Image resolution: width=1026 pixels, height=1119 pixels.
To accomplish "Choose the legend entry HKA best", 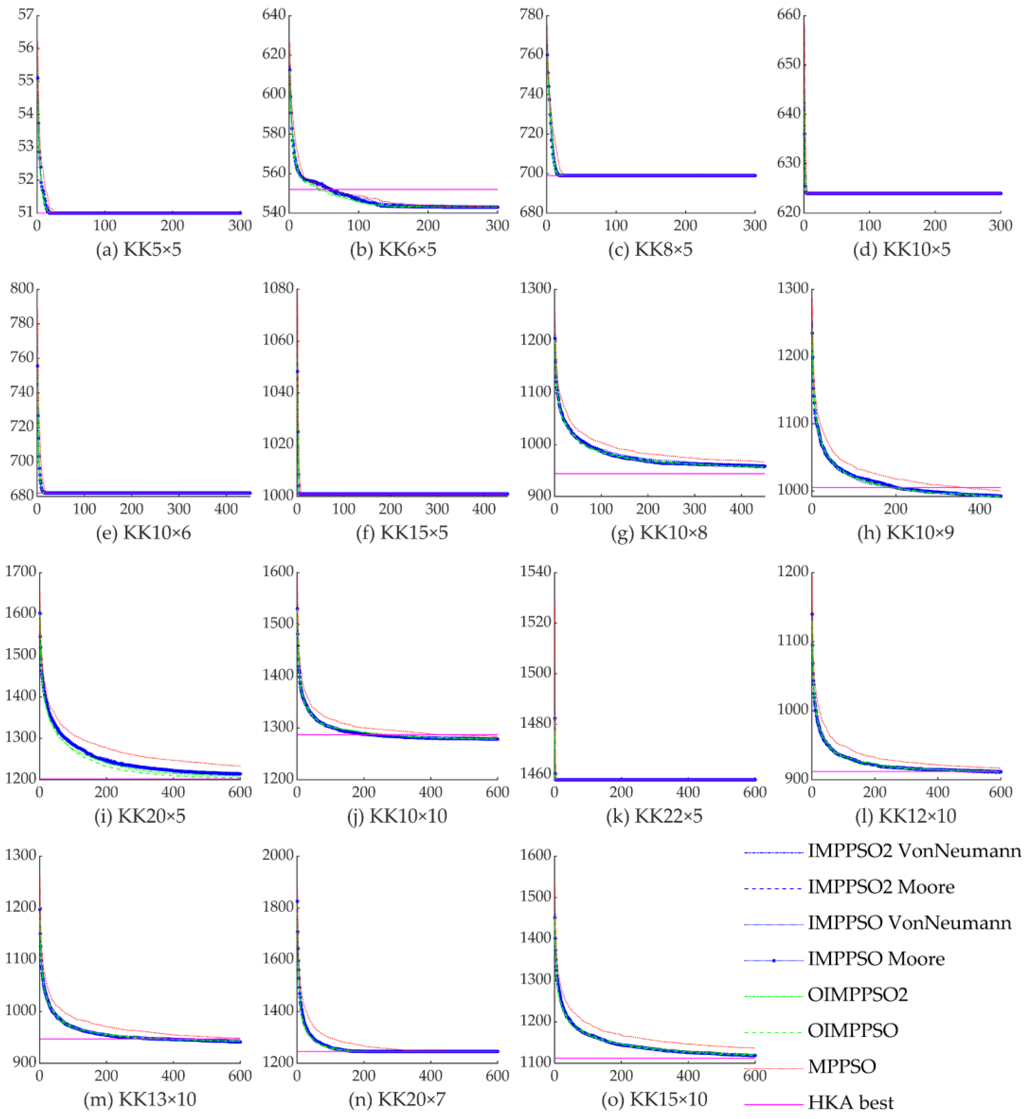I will pos(851,1102).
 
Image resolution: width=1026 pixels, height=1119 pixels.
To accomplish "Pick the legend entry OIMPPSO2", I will pos(857,994).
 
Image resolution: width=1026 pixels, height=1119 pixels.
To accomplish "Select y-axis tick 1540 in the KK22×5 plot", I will pos(532,572).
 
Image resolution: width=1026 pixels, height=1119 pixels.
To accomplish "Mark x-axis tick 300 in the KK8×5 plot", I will pos(755,225).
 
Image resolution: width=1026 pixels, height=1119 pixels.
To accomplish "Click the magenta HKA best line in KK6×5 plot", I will pos(444,189).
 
